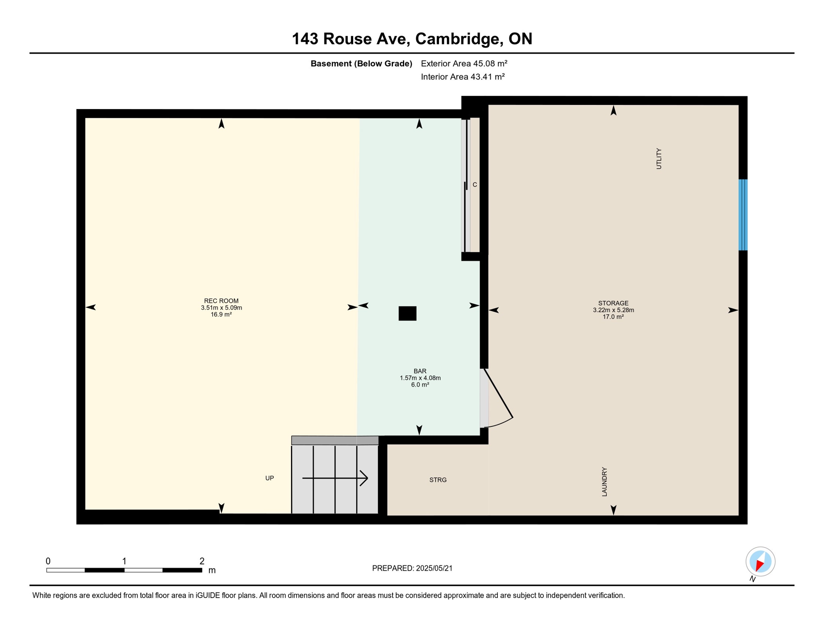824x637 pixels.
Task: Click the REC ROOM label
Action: [x=221, y=301]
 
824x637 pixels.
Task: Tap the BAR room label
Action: [x=420, y=371]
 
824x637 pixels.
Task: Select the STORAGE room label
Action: [x=613, y=303]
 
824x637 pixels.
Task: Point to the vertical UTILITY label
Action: [x=659, y=158]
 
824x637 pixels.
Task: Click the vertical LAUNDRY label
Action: [x=604, y=481]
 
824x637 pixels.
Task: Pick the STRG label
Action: [x=438, y=480]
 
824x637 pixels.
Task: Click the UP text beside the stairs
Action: [x=269, y=478]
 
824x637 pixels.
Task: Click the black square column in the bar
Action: [x=407, y=314]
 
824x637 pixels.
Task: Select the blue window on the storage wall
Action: [x=743, y=215]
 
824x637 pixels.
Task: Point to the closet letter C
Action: [x=475, y=185]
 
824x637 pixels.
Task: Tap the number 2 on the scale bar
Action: [x=202, y=561]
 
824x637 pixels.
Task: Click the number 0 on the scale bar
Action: [x=48, y=561]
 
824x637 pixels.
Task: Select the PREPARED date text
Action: [x=412, y=568]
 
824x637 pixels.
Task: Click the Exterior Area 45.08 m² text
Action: [x=464, y=63]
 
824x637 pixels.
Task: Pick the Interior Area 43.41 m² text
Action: [x=463, y=77]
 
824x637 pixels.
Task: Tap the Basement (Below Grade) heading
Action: [x=361, y=63]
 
